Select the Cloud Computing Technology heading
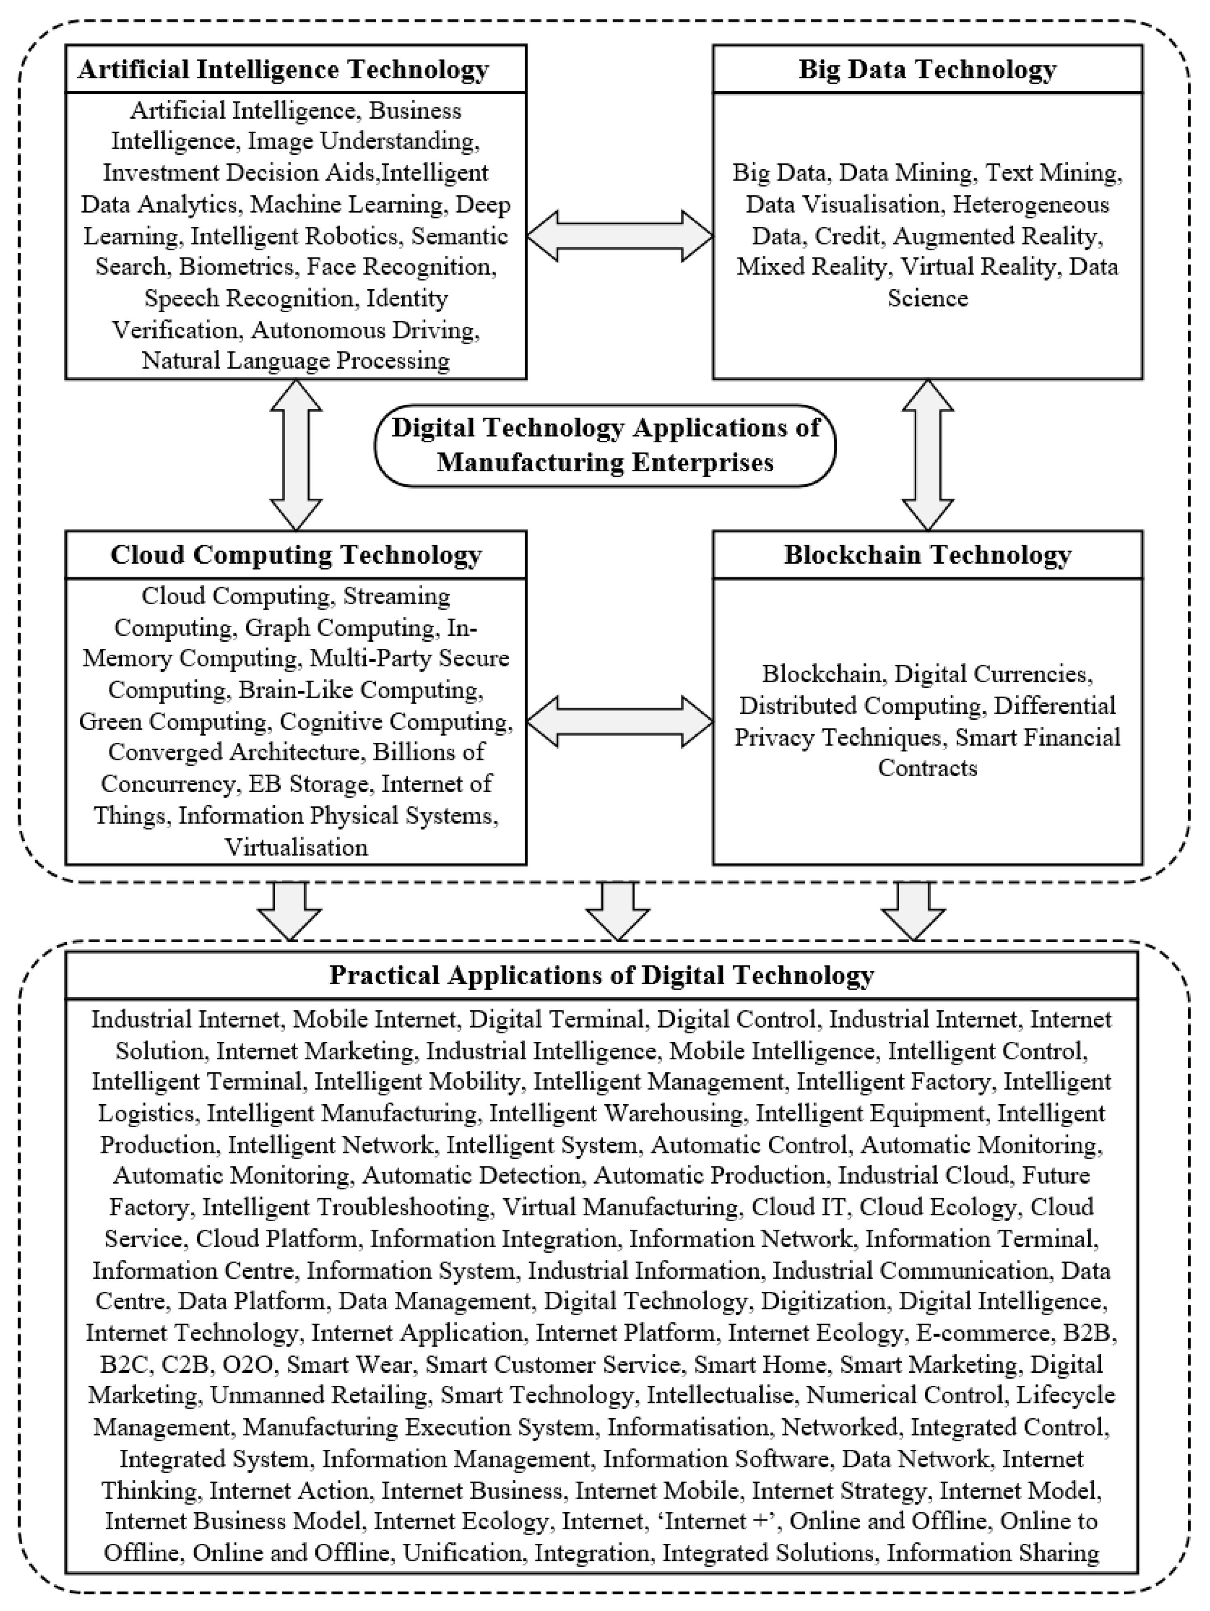[296, 555]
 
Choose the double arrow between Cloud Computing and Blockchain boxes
[619, 721]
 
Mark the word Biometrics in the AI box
[236, 267]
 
